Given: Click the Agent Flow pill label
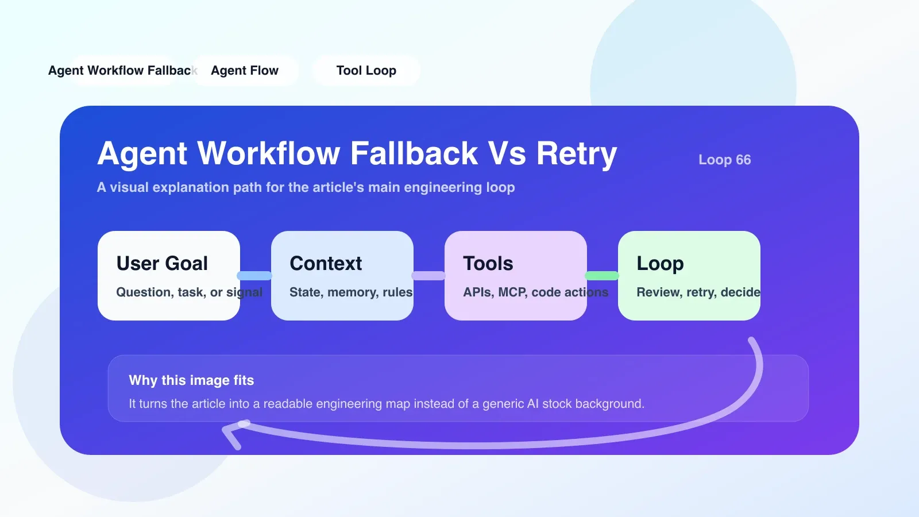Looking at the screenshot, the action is click(x=245, y=71).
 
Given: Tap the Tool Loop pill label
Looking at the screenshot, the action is click(x=366, y=71).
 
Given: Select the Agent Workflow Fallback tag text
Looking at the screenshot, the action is click(x=123, y=71).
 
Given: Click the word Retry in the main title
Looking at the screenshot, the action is click(x=577, y=155).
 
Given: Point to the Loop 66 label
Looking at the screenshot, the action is click(x=724, y=160).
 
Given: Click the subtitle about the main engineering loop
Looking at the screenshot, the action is click(x=306, y=187).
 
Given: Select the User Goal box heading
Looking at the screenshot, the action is click(x=162, y=264).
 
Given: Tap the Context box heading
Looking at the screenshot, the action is click(x=326, y=264).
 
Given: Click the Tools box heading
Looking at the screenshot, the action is click(x=488, y=264).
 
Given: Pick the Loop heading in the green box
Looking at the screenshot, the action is click(x=660, y=264).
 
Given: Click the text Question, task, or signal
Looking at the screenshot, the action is click(x=189, y=292).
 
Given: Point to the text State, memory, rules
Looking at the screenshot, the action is click(x=351, y=292).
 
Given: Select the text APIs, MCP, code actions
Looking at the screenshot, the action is click(x=535, y=292).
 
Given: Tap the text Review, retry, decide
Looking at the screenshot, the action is click(x=698, y=292).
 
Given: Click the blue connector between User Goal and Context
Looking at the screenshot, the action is click(x=255, y=276).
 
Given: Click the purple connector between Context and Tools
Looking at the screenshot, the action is click(x=428, y=276).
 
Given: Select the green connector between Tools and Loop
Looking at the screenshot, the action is click(x=602, y=276).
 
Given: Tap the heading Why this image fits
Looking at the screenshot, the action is click(x=191, y=380).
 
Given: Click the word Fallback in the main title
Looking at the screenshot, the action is click(x=414, y=153).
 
